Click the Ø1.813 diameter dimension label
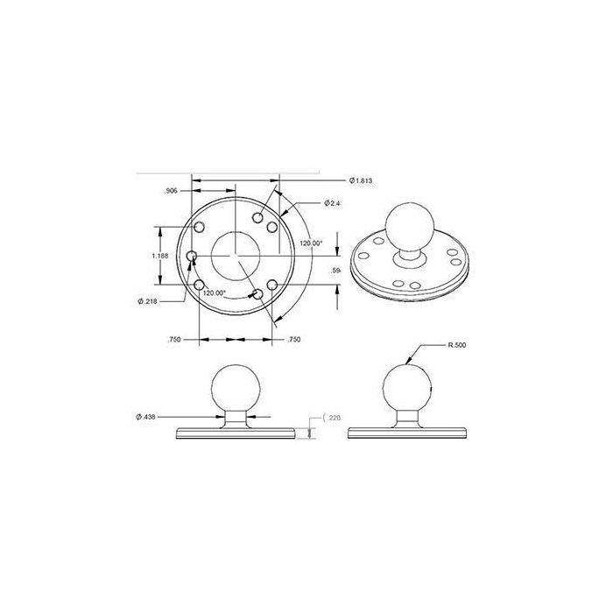coord(360,180)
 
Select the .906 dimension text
coord(171,191)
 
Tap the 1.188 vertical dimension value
coord(159,255)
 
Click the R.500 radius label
coord(456,345)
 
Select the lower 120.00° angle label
coord(215,292)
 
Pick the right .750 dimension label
coord(294,339)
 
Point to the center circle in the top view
coord(235,255)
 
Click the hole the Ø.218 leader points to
coord(193,256)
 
